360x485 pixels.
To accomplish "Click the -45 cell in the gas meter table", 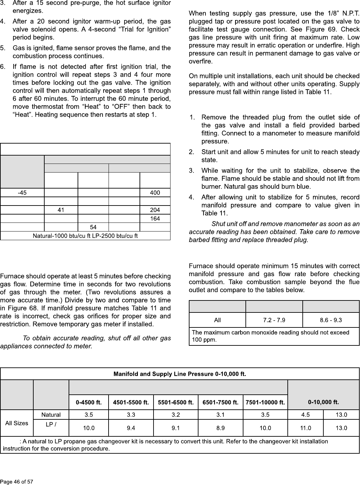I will (22, 193).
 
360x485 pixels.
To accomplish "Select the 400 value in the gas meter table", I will (155, 193).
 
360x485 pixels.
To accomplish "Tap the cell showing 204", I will (155, 210).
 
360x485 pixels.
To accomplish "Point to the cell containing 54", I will (93, 227).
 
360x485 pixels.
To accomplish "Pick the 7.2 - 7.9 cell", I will (274, 320).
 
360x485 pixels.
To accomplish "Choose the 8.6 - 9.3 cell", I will (331, 320).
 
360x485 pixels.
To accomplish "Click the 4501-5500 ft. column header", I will (131, 402).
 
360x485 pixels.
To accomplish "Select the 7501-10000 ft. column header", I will (265, 402).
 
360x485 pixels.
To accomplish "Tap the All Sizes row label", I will (17, 423).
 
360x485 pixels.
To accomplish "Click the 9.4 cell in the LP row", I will (131, 428).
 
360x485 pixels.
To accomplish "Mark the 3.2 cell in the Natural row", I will (176, 415).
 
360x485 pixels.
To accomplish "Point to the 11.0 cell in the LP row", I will (304, 428).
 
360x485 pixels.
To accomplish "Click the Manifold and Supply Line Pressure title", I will (180, 374).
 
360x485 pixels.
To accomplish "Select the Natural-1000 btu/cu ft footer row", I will (85, 236).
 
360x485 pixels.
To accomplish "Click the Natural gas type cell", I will (51, 415).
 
